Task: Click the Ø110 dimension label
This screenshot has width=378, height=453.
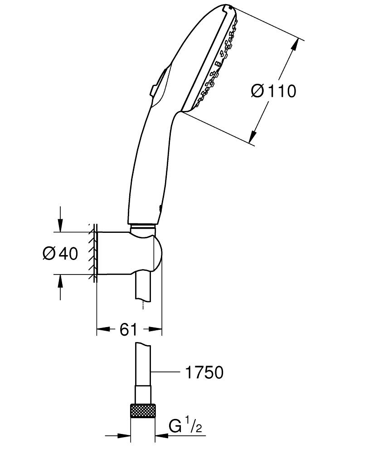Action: (273, 91)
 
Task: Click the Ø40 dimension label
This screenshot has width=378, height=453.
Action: (60, 254)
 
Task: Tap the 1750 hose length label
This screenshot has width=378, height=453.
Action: (204, 372)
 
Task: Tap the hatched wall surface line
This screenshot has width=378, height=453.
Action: (93, 254)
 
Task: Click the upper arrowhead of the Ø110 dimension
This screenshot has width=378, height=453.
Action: (295, 45)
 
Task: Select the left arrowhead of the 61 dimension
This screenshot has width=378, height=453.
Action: (102, 329)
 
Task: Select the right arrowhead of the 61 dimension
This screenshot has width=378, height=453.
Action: (157, 329)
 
